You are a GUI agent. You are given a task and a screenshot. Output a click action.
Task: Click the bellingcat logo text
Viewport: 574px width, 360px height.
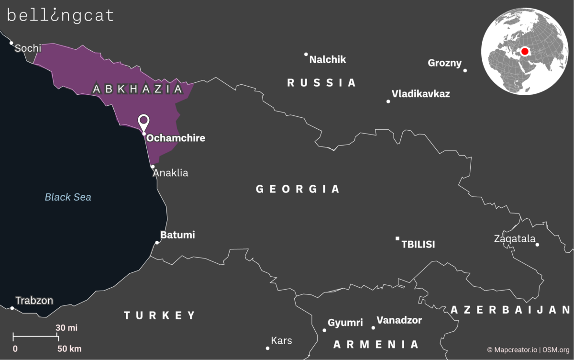[60, 15]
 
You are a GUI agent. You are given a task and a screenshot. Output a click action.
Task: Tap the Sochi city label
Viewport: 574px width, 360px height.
[28, 48]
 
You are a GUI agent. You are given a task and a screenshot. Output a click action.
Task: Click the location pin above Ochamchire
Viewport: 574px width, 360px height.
[143, 122]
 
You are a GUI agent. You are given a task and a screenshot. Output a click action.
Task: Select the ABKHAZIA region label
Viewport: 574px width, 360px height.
[138, 89]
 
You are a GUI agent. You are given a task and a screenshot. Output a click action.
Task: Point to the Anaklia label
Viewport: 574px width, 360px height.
[171, 173]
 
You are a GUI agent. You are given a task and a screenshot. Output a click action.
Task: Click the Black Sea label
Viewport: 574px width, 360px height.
[68, 197]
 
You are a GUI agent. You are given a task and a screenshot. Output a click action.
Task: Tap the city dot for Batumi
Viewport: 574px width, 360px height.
[157, 242]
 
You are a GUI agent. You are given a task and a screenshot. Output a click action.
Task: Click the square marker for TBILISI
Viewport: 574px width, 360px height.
[397, 238]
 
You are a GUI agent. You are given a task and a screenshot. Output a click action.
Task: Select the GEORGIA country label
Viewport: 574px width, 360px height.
[298, 189]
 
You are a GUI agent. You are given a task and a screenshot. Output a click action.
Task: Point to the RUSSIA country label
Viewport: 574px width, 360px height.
[321, 83]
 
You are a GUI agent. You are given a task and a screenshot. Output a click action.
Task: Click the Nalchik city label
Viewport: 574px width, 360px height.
[328, 60]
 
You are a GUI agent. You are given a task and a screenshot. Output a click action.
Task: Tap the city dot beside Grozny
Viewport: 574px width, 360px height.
[465, 70]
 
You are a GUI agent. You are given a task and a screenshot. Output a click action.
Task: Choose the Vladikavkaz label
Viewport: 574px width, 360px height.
[421, 94]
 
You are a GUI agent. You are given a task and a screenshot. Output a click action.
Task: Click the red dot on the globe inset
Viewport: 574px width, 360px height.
[525, 51]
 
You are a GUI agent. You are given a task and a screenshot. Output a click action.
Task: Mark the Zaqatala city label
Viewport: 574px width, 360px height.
[515, 238]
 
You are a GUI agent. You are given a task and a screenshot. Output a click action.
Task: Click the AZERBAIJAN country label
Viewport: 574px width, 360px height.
[511, 310]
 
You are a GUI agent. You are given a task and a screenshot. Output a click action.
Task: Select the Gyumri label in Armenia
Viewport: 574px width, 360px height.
[345, 323]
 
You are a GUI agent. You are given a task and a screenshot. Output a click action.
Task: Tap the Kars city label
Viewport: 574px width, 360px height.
[281, 341]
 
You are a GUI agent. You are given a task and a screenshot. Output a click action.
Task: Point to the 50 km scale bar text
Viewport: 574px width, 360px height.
[69, 349]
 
